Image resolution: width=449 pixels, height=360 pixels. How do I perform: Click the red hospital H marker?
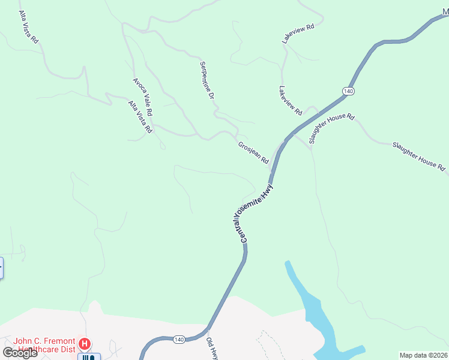click(85, 344)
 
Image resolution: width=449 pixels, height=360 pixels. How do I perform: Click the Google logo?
click(19, 353)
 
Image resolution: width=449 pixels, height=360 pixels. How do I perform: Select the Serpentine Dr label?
click(207, 79)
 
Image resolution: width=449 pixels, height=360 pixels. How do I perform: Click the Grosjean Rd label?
click(253, 152)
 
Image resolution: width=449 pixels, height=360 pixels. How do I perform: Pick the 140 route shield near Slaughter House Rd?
click(348, 91)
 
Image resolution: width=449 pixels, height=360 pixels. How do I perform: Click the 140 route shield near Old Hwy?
click(179, 340)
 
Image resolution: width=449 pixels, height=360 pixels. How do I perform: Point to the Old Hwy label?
click(211, 348)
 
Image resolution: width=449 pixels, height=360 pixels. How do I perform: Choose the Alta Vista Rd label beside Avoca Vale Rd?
click(140, 116)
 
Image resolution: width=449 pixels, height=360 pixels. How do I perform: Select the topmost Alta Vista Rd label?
click(28, 26)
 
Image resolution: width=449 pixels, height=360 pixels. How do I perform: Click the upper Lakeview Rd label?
click(298, 34)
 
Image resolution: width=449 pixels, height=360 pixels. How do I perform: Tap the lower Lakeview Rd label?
click(290, 100)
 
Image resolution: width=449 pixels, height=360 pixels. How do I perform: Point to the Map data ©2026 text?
click(424, 355)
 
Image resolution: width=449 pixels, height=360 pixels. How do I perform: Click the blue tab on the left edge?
click(1, 268)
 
